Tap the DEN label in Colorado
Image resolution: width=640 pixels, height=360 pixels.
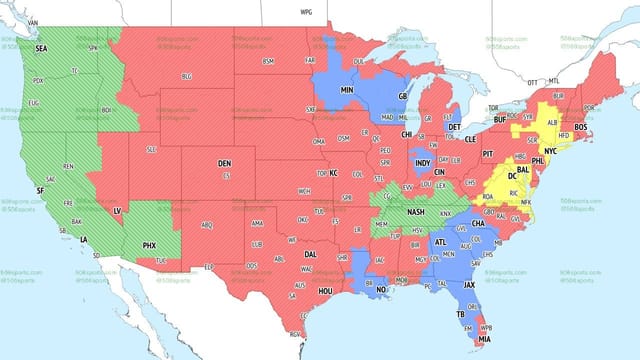click(225, 162)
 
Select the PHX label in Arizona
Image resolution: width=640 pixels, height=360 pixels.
click(150, 245)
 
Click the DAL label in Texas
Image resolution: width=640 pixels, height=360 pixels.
click(311, 254)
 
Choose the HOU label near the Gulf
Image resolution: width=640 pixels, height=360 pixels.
click(325, 290)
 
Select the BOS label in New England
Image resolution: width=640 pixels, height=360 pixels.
click(582, 125)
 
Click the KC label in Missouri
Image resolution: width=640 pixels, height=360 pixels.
click(334, 173)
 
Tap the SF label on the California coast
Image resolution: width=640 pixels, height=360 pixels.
click(39, 190)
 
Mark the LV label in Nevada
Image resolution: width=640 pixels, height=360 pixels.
click(117, 211)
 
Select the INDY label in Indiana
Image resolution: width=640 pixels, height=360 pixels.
click(423, 162)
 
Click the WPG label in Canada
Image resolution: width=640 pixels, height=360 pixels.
click(306, 11)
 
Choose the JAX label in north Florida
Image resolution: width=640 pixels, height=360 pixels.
click(470, 285)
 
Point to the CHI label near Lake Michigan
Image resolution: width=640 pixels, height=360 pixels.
click(407, 133)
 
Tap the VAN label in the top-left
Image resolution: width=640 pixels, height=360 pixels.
click(31, 21)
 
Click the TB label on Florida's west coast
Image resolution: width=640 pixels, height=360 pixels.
click(462, 313)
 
